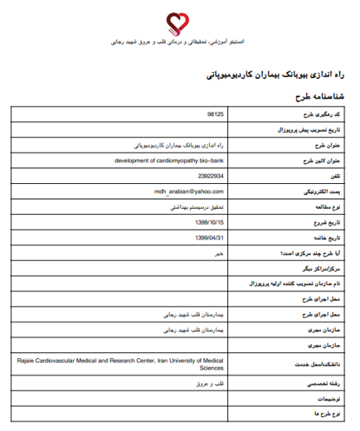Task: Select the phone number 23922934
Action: pos(211,177)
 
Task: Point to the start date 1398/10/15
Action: pos(210,222)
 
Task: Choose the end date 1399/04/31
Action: pos(210,238)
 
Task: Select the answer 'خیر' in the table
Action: pos(219,254)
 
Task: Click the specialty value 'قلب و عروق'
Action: pos(210,382)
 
